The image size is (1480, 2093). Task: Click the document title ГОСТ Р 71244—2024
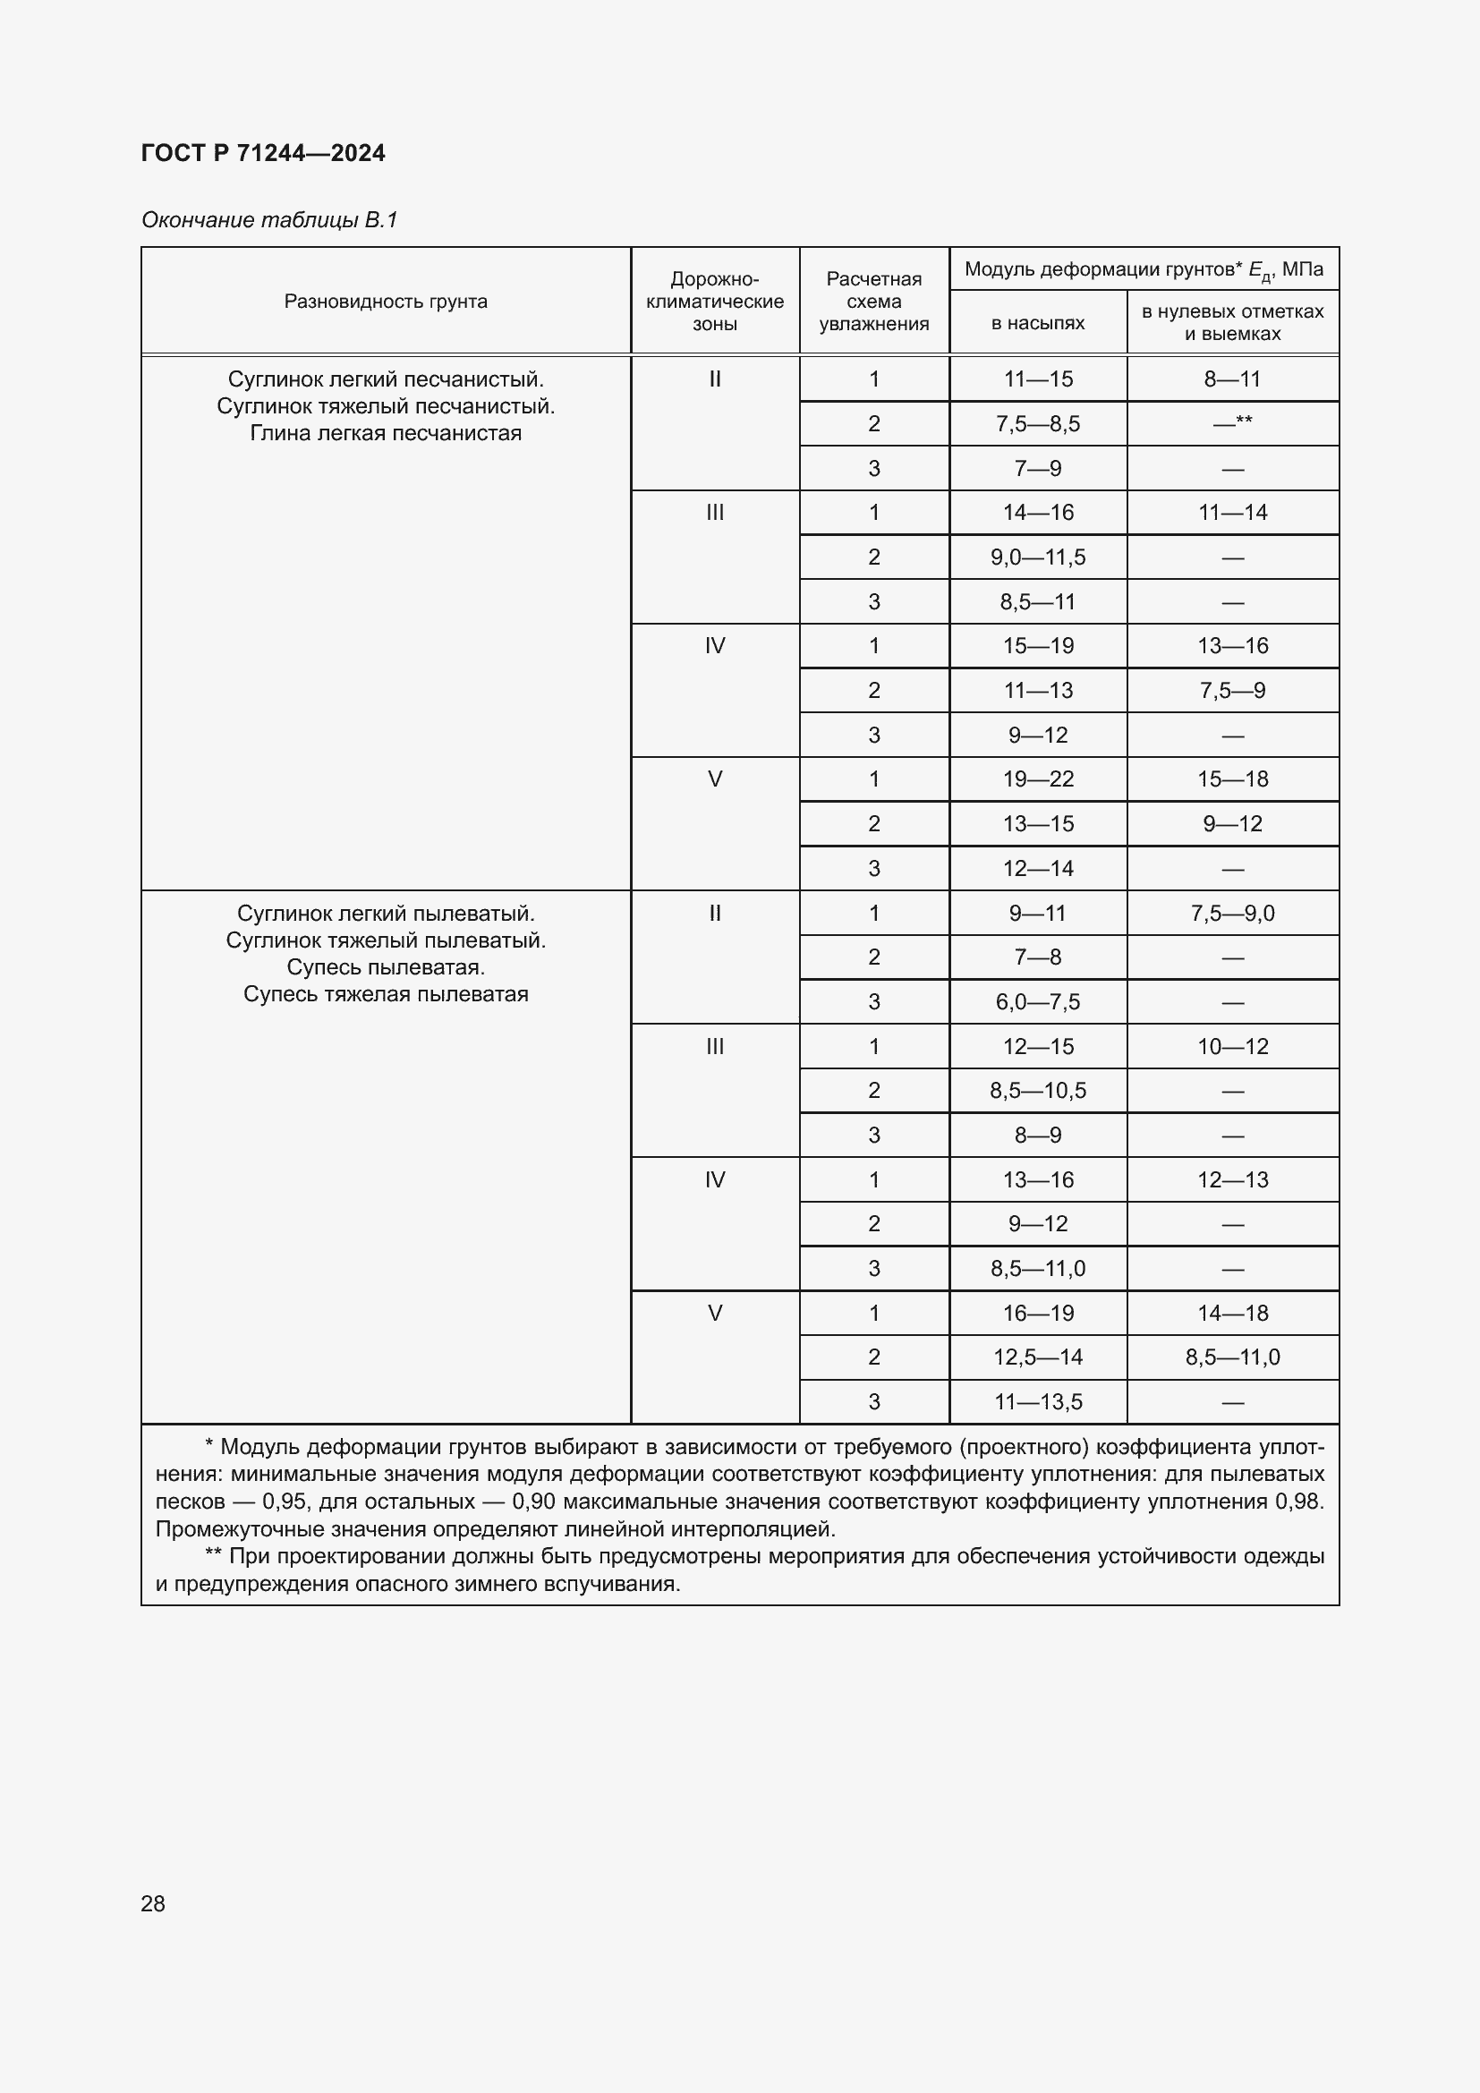pos(262,153)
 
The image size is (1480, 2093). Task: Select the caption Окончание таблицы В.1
pos(269,220)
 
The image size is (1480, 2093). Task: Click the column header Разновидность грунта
pos(386,302)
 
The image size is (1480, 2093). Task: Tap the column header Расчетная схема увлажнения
pos(873,302)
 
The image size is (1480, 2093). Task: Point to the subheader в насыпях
pos(1037,323)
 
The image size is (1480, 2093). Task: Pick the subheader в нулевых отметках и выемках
pos(1232,323)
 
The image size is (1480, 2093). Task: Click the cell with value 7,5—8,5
pos(1037,424)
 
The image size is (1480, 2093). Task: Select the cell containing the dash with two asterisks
pos(1232,423)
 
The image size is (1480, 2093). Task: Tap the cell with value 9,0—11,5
pos(1037,557)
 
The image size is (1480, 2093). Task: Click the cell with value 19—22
pos(1037,779)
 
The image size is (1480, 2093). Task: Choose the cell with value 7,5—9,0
pos(1232,914)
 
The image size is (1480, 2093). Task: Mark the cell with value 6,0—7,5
pos(1037,1003)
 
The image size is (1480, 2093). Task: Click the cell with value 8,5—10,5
pos(1037,1091)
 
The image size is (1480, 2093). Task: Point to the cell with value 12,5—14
pos(1037,1357)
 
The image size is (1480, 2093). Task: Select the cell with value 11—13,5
pos(1037,1402)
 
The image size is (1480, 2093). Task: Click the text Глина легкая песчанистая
pos(386,433)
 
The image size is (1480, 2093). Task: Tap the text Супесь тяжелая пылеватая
pos(386,994)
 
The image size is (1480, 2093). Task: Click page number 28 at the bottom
pos(153,1903)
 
